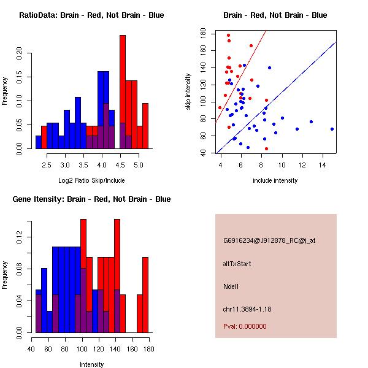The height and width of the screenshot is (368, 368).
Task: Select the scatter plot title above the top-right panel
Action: coord(275,15)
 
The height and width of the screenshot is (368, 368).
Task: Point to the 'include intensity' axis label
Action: coord(275,180)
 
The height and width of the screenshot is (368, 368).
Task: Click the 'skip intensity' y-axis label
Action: coord(190,92)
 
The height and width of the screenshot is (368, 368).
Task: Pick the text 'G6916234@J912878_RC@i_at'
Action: coord(269,241)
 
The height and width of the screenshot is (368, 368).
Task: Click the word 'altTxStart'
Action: coord(237,264)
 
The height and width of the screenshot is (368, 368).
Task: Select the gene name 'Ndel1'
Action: coord(231,286)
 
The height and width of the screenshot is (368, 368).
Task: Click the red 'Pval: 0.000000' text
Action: coord(245,326)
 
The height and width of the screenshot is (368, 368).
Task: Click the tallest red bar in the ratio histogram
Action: coord(123,92)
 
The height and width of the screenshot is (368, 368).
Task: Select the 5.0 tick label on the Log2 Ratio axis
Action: coord(138,164)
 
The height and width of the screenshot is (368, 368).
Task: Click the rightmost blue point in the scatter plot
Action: coord(332,129)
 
